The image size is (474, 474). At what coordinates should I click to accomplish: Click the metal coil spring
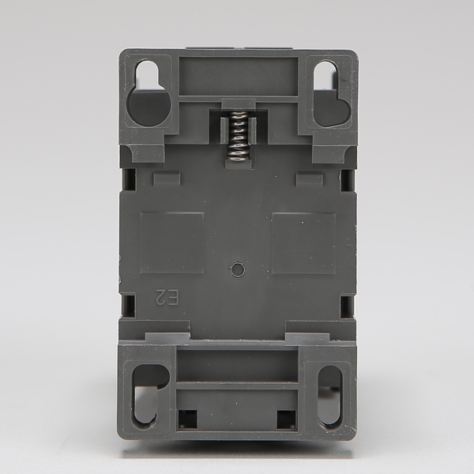pos(238,136)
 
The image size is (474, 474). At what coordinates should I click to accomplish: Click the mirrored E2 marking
pos(168,297)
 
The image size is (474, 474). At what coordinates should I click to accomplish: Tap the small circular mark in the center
pos(237,269)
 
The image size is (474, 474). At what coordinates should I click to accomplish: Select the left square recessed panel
pos(171,243)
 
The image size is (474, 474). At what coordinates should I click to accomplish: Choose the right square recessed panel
pos(304,243)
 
